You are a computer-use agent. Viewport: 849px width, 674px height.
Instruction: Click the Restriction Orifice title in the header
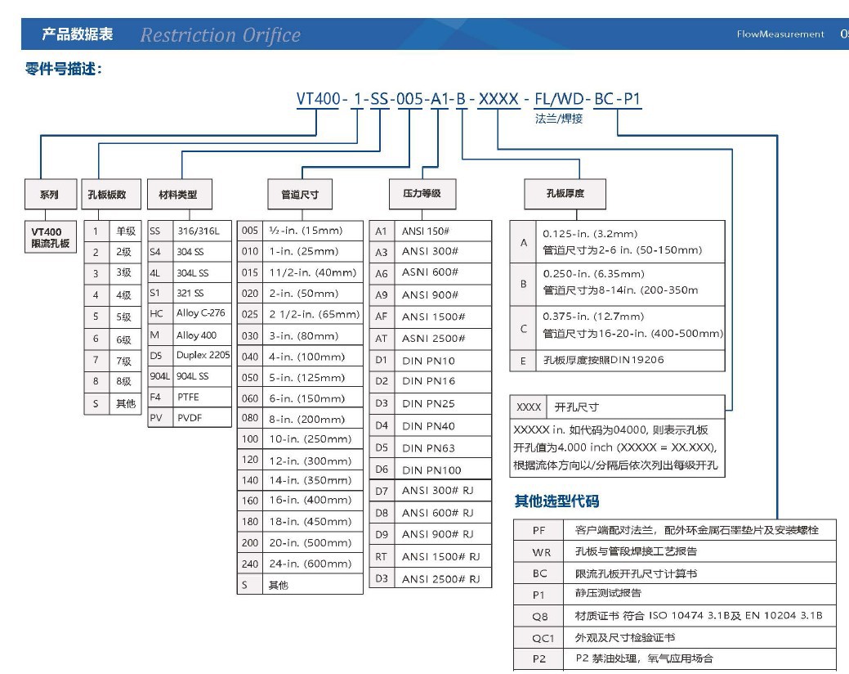click(220, 35)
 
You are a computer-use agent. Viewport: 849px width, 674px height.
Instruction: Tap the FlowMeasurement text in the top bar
click(780, 34)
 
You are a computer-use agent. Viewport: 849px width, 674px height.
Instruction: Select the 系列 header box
click(49, 195)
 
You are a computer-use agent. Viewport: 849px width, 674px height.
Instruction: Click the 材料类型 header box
click(177, 195)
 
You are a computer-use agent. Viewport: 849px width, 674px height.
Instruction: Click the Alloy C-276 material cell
click(200, 313)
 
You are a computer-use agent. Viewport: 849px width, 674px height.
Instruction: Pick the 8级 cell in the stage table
click(123, 381)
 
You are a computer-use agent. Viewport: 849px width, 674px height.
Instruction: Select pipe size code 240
click(249, 564)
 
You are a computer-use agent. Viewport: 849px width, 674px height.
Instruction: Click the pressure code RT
click(381, 556)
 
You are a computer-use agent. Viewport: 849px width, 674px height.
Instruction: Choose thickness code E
click(523, 360)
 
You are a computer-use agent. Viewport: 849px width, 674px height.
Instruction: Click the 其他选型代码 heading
click(556, 500)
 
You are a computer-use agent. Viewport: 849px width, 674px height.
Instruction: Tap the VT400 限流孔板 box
click(51, 237)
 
